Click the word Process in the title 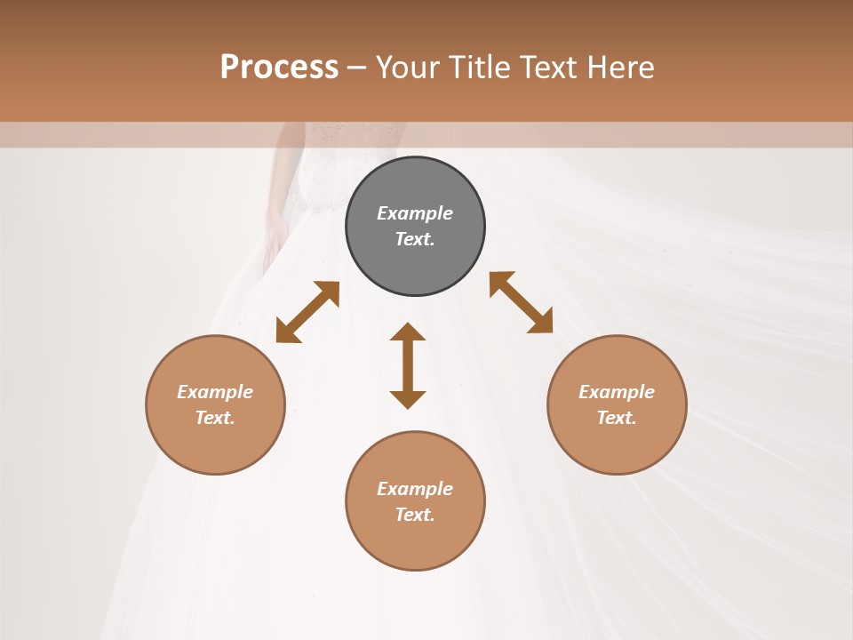(x=279, y=67)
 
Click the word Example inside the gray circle (x=415, y=213)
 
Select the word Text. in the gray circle (x=415, y=239)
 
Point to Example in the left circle (x=215, y=392)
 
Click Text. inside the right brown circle (x=617, y=418)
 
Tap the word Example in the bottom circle (x=415, y=489)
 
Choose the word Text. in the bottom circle (x=415, y=515)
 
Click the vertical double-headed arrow (x=408, y=365)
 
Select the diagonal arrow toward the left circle (x=307, y=312)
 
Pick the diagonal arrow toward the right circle (x=522, y=302)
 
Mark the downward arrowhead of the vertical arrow (x=408, y=398)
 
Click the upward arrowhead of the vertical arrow (x=408, y=332)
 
